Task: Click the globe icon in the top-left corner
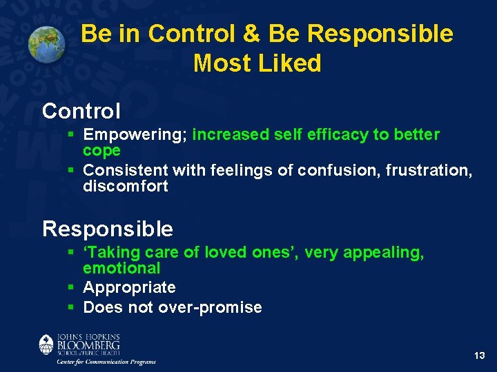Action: pos(46,43)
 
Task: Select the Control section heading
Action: pos(81,110)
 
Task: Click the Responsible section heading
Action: pos(107,228)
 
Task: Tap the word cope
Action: pos(101,150)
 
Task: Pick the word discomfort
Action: pos(125,186)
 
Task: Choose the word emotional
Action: pos(121,268)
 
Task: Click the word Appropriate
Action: pos(129,287)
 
